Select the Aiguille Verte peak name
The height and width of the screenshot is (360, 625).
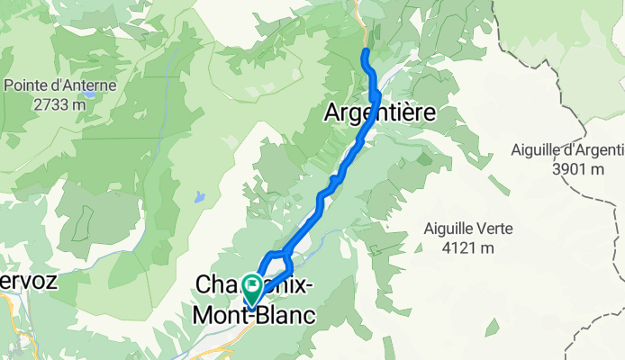pos(468,229)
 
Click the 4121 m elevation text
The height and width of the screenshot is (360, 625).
pos(468,247)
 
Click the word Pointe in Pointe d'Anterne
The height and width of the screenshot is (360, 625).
pos(29,85)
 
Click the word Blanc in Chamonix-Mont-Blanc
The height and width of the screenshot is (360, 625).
pos(285,315)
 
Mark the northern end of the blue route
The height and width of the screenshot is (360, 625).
pos(365,53)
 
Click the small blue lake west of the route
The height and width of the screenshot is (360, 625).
pos(199,195)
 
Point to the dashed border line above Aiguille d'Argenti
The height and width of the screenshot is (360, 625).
pos(558,90)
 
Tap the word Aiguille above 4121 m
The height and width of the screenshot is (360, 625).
pos(447,229)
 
